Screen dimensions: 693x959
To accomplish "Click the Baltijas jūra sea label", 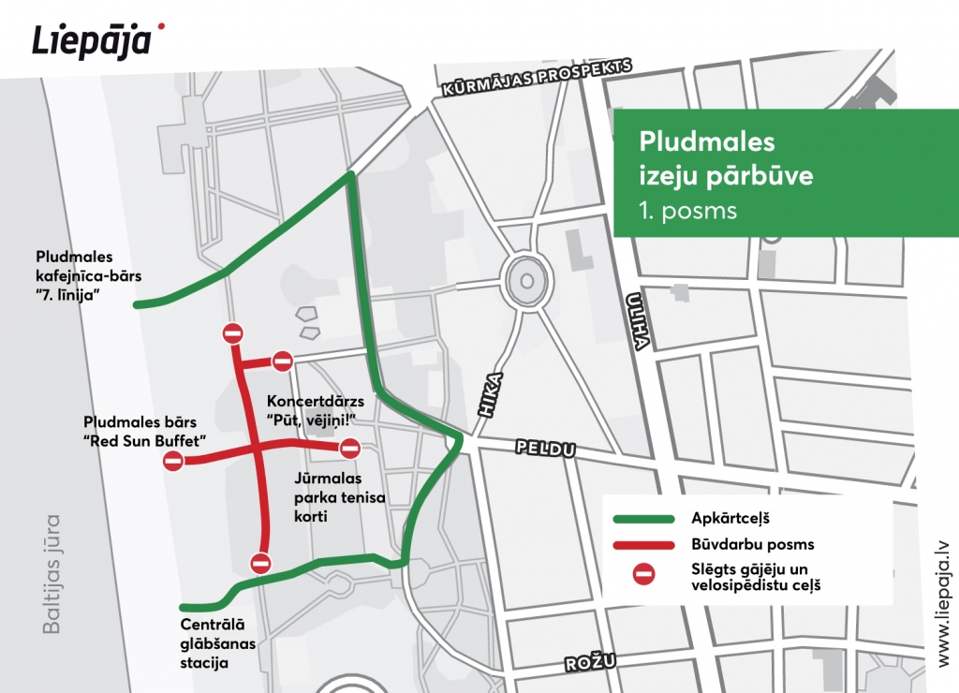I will (52, 573).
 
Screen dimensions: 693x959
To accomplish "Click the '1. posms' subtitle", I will (688, 210).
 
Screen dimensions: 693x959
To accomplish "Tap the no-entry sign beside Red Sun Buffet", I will (173, 461).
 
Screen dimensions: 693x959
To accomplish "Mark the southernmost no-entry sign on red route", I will (260, 563).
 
